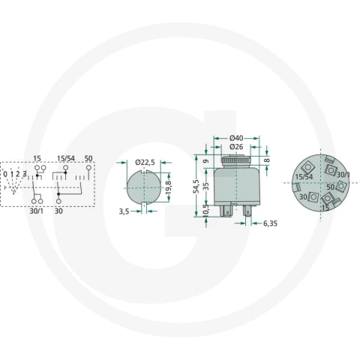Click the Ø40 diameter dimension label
point(236,138)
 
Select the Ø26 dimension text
point(236,147)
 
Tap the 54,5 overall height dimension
point(196,186)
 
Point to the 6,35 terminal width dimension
point(270,223)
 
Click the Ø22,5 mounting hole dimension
point(145,163)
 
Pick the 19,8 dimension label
point(168,187)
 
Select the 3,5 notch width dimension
point(124,211)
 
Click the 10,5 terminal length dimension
point(206,209)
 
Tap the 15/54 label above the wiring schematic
point(66,158)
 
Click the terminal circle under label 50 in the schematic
point(88,168)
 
